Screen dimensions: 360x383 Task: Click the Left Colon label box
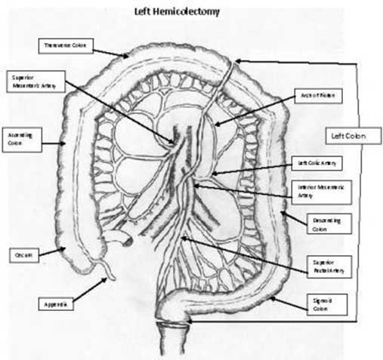(x=341, y=137)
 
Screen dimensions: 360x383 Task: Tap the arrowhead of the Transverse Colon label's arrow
(x=126, y=56)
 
